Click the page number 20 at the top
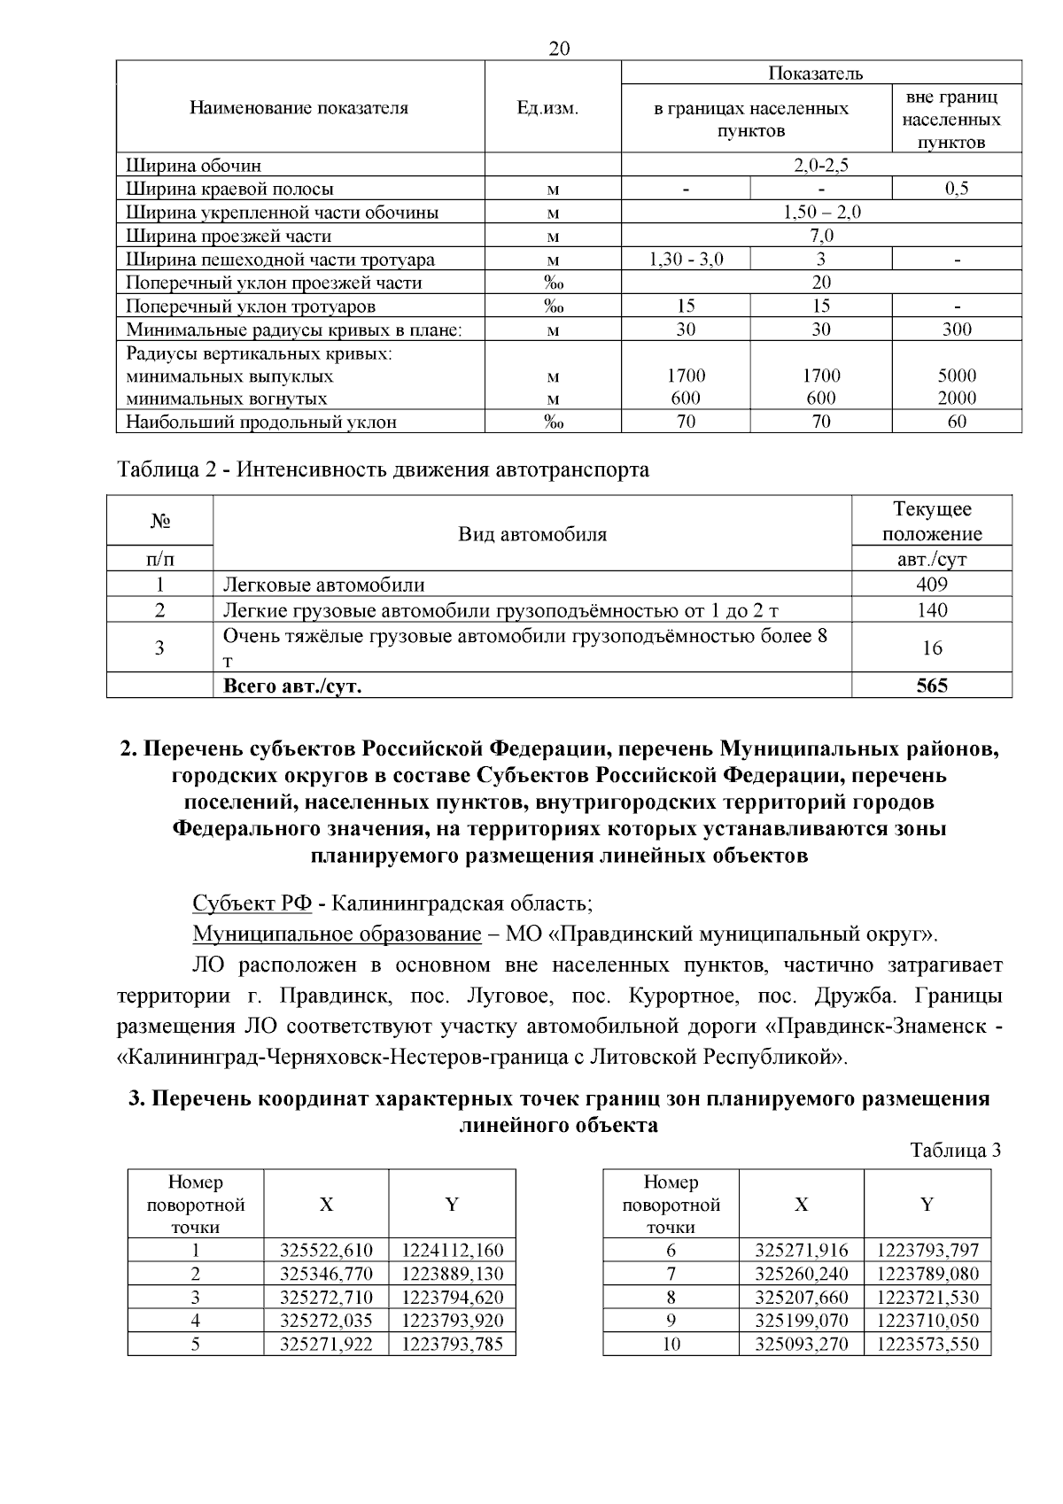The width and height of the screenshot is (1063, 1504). click(x=559, y=49)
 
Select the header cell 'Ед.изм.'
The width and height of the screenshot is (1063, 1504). click(x=547, y=108)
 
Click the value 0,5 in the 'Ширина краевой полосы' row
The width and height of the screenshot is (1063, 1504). click(x=957, y=189)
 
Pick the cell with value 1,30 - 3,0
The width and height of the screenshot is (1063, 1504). click(x=686, y=260)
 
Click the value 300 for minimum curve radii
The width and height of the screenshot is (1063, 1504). click(x=957, y=329)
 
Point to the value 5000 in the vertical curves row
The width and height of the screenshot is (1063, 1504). click(x=957, y=376)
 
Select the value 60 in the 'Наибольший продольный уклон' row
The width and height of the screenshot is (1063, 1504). click(x=957, y=422)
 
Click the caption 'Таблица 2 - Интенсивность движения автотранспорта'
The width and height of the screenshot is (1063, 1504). click(x=384, y=469)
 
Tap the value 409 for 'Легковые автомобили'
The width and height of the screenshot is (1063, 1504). click(x=931, y=585)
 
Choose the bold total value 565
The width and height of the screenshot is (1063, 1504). click(x=931, y=686)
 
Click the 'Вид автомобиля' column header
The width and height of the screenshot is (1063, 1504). click(x=532, y=534)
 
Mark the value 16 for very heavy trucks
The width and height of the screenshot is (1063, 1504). click(x=931, y=647)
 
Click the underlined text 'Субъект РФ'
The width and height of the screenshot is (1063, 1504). click(x=252, y=903)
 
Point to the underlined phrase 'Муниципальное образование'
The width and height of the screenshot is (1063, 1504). click(x=337, y=934)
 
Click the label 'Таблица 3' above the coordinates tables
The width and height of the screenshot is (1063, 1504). click(x=956, y=1151)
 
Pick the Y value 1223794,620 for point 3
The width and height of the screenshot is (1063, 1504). click(x=452, y=1298)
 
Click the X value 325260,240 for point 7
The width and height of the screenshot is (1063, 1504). click(x=801, y=1275)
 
